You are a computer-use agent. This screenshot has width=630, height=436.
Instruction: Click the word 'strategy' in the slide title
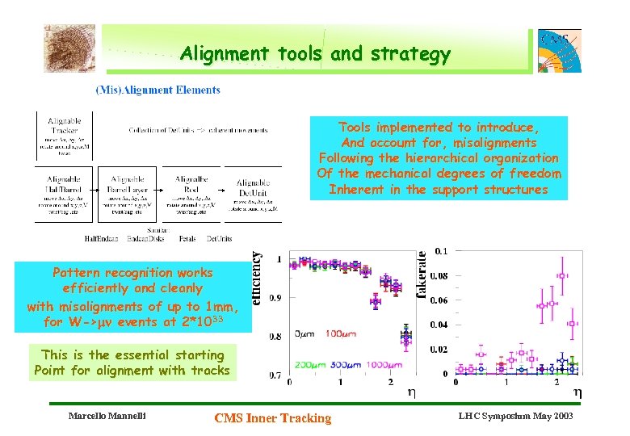[x=410, y=54]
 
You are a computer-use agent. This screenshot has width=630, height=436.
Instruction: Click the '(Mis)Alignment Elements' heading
[x=157, y=90]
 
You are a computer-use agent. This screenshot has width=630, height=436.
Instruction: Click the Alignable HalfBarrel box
[x=64, y=193]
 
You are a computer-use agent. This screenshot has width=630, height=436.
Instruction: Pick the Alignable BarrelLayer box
[x=127, y=193]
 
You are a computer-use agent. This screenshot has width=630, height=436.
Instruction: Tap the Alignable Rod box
[x=191, y=193]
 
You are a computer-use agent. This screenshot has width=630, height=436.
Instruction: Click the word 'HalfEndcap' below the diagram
[x=101, y=238]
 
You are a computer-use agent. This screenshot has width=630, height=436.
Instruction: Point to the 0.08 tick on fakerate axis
[x=439, y=275]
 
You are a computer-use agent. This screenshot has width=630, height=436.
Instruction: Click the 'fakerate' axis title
[x=422, y=275]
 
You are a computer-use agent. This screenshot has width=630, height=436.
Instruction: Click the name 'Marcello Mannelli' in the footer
[x=105, y=417]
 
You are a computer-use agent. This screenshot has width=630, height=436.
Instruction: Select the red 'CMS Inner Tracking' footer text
[x=273, y=417]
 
